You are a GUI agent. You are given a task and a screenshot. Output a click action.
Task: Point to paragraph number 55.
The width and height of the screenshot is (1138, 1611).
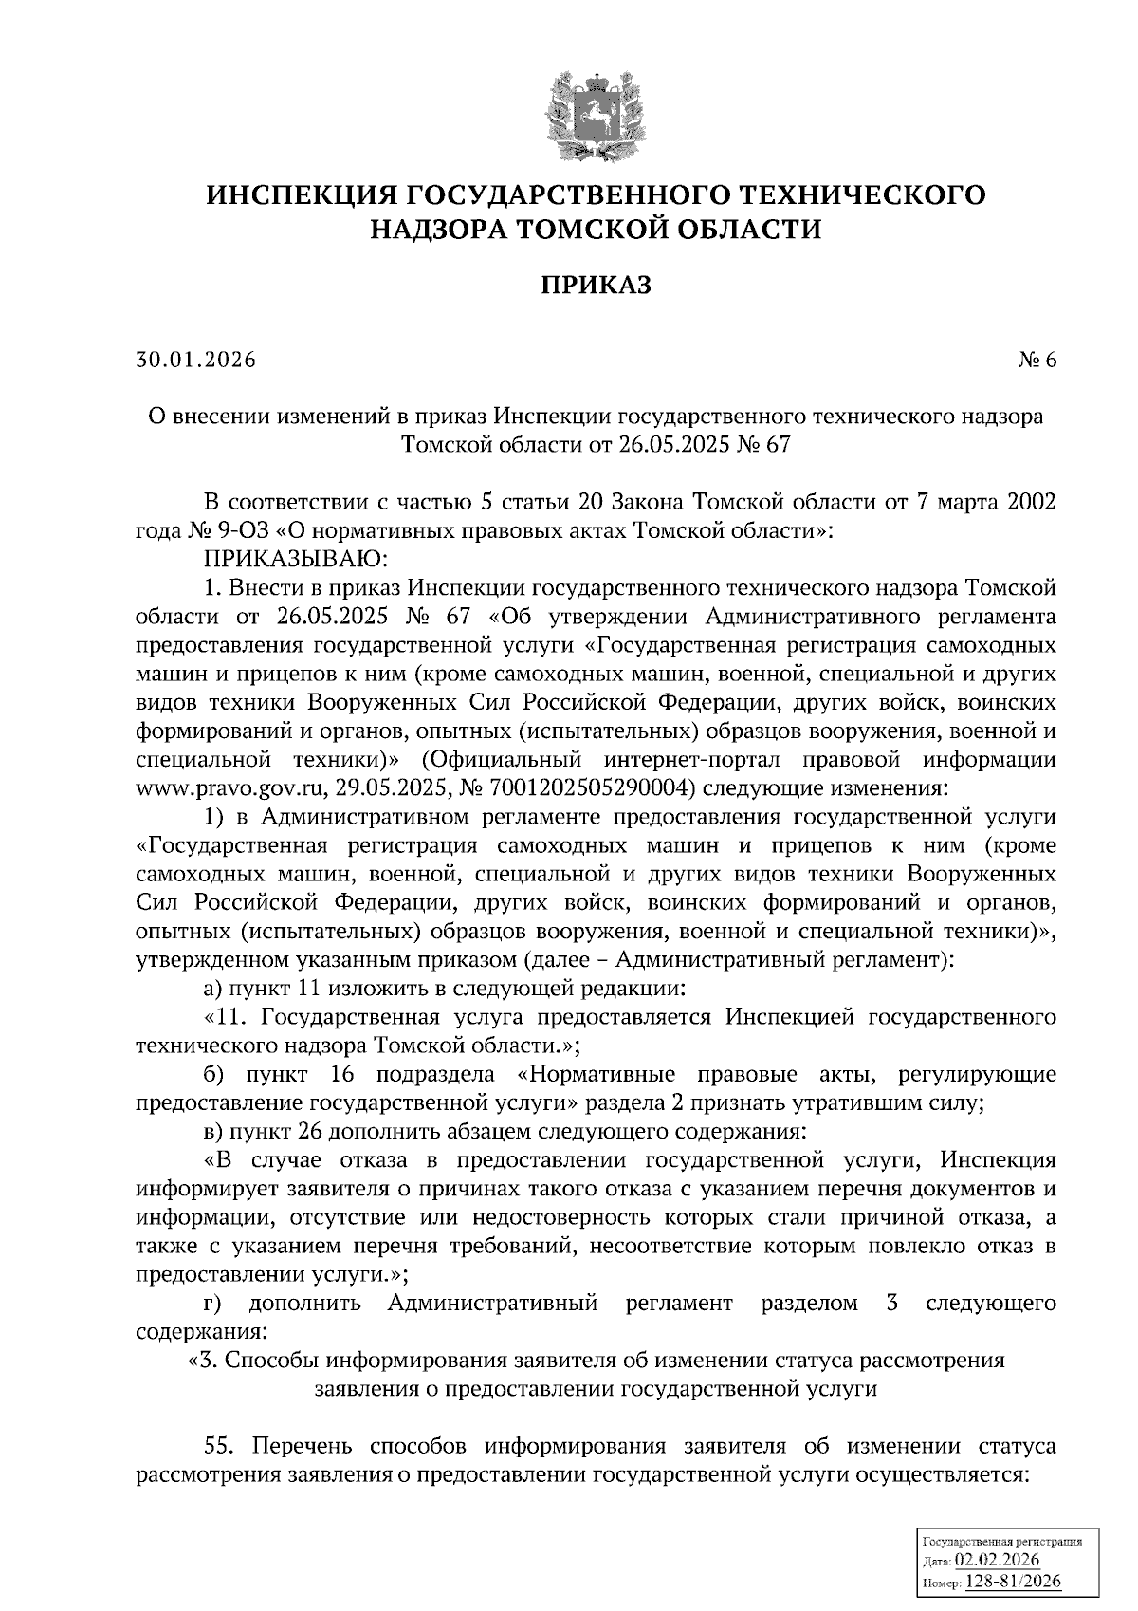(x=225, y=1447)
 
